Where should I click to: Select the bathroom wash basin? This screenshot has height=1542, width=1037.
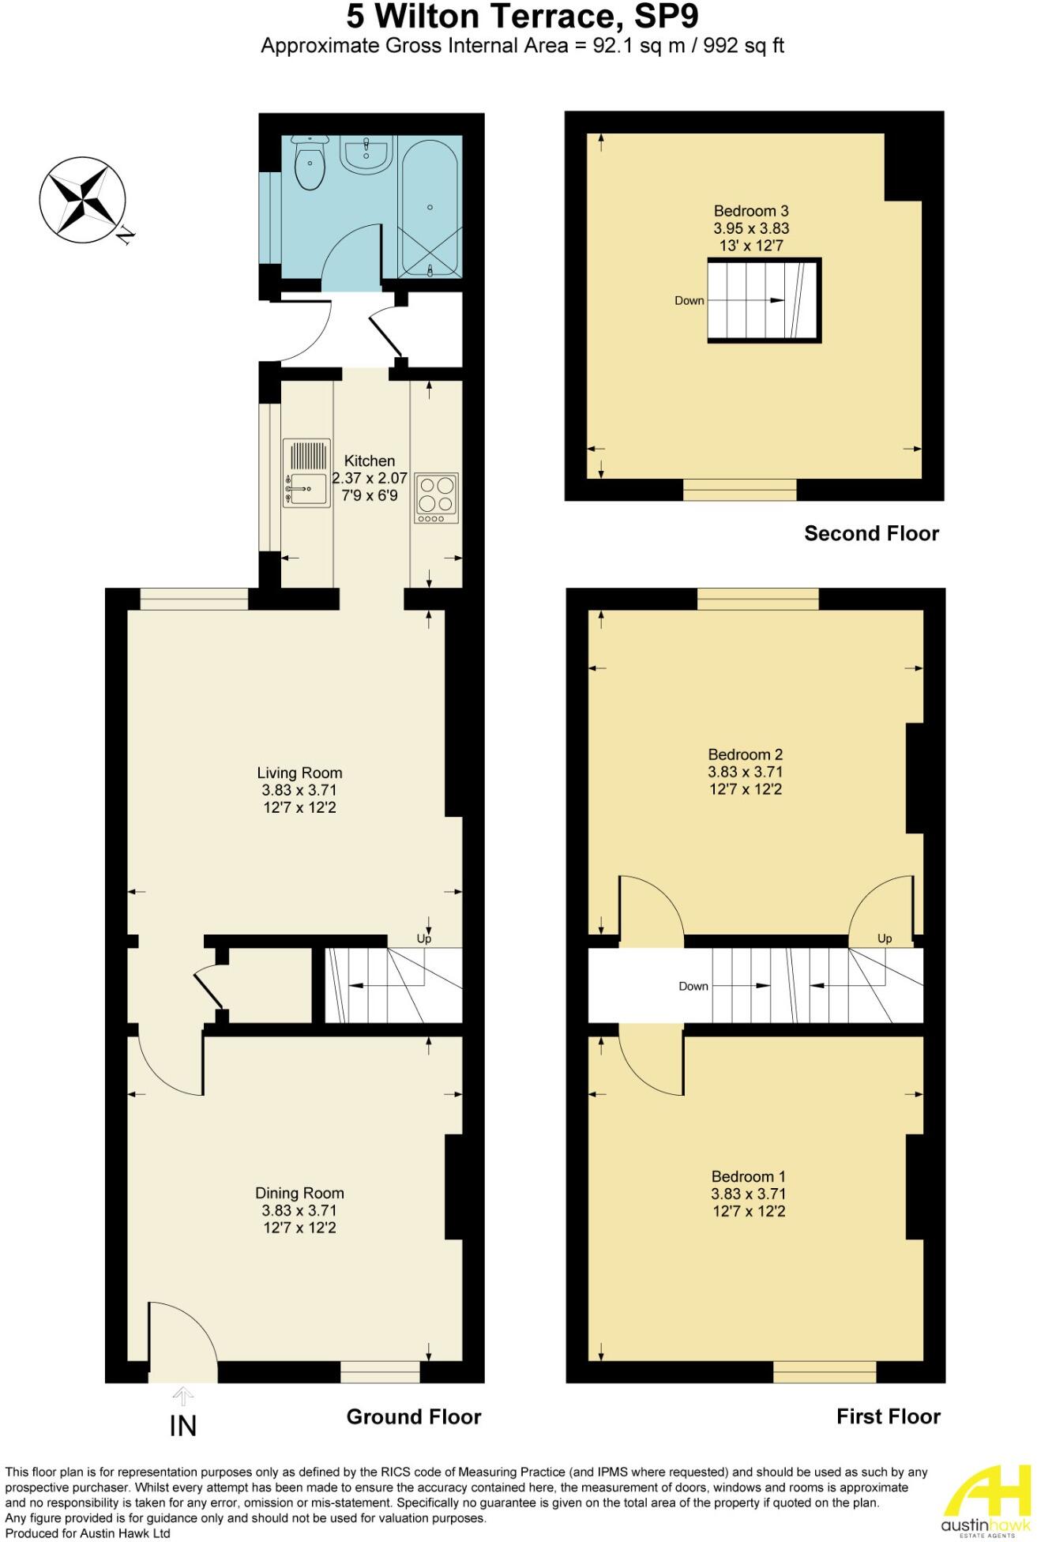pyautogui.click(x=365, y=155)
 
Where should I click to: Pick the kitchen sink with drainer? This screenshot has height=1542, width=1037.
pyautogui.click(x=304, y=474)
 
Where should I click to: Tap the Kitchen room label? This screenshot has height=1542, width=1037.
pyautogui.click(x=370, y=461)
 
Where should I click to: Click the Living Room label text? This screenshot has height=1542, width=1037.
pyautogui.click(x=299, y=773)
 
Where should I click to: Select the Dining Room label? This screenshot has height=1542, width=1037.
pyautogui.click(x=299, y=1193)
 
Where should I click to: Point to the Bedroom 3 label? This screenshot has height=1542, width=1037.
pyautogui.click(x=751, y=211)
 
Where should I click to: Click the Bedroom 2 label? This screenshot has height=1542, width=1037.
pyautogui.click(x=745, y=754)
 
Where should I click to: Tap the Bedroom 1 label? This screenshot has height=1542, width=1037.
pyautogui.click(x=748, y=1176)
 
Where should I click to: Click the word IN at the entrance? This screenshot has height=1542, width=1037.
pyautogui.click(x=183, y=1426)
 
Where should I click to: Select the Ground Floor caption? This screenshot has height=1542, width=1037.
pyautogui.click(x=414, y=1416)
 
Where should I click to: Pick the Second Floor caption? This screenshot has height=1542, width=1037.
pyautogui.click(x=871, y=533)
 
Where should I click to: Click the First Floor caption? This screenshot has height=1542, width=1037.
pyautogui.click(x=888, y=1416)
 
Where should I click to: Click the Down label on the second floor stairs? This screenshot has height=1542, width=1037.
pyautogui.click(x=689, y=301)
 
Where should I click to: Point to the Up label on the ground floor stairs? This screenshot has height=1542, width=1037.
pyautogui.click(x=424, y=939)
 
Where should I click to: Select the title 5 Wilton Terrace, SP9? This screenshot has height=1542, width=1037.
pyautogui.click(x=523, y=16)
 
